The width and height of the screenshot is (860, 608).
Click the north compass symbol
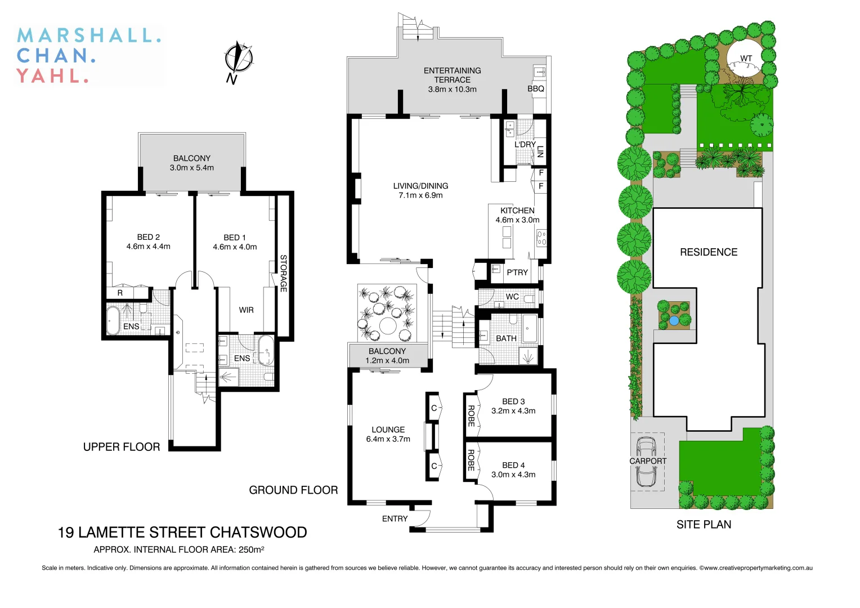click(239, 59)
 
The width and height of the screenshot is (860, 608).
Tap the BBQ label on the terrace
click(535, 89)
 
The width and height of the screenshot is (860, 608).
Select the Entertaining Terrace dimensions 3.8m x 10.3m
click(452, 90)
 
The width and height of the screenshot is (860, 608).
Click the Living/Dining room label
click(420, 186)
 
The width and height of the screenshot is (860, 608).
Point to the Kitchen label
click(517, 211)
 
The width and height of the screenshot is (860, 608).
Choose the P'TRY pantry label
click(517, 272)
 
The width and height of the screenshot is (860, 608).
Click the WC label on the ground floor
click(512, 297)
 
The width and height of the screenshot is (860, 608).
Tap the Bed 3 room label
click(513, 401)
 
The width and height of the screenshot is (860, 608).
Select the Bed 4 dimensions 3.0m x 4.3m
click(513, 475)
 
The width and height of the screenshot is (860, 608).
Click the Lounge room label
click(388, 430)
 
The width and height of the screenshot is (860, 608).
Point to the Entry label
click(395, 518)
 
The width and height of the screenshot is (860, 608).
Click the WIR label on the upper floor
click(246, 310)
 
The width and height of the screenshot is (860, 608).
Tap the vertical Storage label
click(284, 273)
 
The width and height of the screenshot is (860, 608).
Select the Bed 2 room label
click(149, 237)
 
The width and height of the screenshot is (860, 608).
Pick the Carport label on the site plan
click(648, 461)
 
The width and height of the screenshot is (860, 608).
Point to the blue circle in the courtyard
click(674, 321)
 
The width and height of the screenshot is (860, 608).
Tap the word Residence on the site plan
click(709, 252)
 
